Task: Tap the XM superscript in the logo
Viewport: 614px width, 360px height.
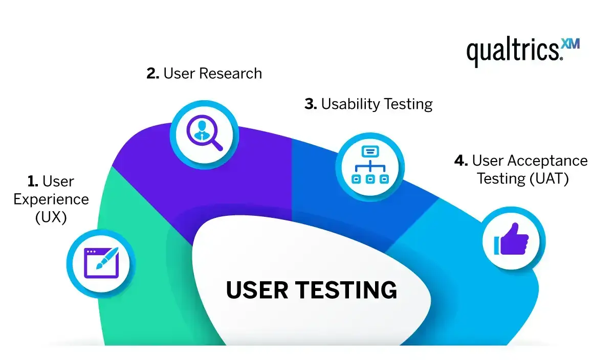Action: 571,44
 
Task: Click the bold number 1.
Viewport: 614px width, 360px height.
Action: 33,182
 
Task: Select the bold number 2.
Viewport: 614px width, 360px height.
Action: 152,74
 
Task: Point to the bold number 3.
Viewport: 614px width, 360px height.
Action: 311,104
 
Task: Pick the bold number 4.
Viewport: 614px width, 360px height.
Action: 461,161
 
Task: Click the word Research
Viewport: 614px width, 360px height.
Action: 231,74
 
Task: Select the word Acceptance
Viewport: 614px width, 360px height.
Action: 547,161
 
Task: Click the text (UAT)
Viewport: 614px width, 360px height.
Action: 549,179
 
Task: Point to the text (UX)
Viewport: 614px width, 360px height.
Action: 51,217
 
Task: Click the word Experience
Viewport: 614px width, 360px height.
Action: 51,199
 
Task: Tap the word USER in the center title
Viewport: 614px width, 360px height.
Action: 257,290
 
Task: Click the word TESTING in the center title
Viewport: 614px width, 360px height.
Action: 346,290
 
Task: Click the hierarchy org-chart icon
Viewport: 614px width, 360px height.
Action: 370,165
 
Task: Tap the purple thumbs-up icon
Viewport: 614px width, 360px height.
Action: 512,239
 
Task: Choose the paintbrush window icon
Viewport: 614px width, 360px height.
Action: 101,263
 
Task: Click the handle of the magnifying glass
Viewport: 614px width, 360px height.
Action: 217,145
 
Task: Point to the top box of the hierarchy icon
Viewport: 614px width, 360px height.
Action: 370,151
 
